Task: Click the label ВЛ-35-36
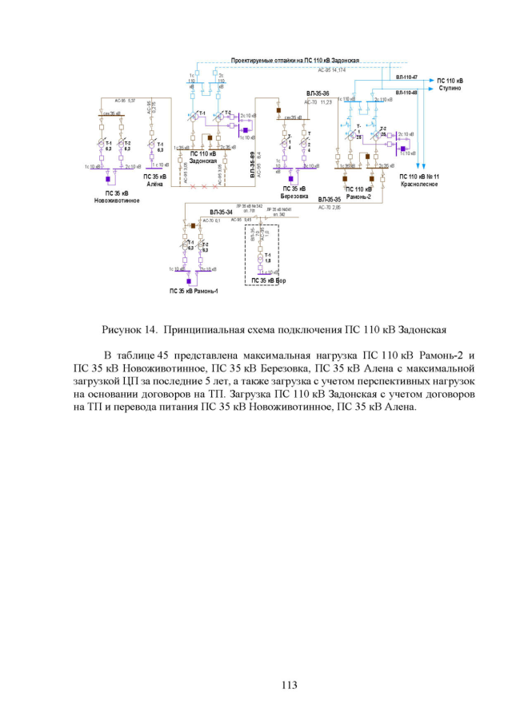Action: tap(318, 94)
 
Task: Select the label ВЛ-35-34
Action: tap(221, 212)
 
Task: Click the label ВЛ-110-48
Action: tap(406, 93)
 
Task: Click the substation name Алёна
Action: tap(154, 184)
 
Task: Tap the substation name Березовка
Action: tap(294, 195)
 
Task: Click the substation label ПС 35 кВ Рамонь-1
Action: tap(193, 291)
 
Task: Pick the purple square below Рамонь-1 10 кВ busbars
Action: tap(189, 281)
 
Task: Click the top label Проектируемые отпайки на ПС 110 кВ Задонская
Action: tap(294, 61)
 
